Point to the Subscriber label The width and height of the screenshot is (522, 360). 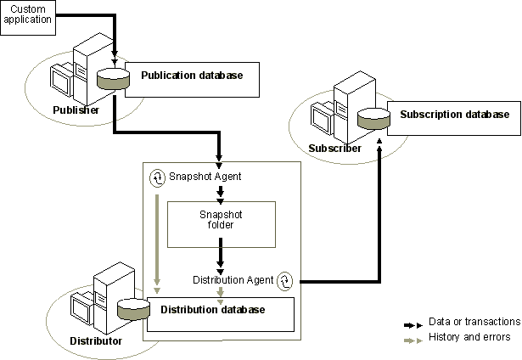coord(334,148)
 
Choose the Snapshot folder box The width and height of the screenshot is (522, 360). coord(221,218)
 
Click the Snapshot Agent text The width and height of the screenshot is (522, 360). coord(206,177)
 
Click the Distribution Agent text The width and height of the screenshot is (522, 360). coord(233,279)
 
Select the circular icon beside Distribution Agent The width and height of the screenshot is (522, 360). coord(285,279)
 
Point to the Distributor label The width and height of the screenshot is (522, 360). coord(95,341)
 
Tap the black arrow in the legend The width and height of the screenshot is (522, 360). coord(413,323)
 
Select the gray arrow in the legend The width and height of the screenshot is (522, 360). coord(413,338)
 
